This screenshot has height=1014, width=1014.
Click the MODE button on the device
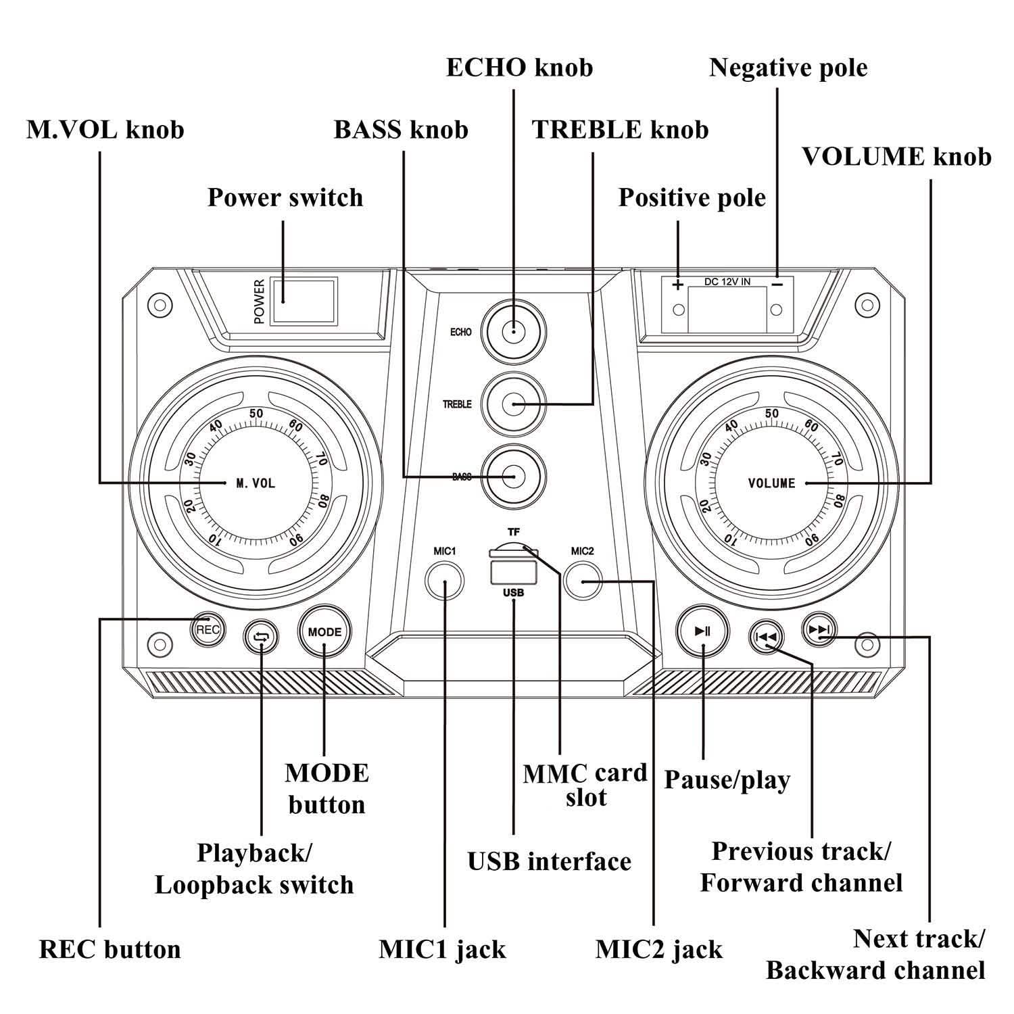(324, 632)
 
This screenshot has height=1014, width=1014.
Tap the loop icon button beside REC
(262, 636)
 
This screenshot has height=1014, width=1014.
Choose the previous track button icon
(767, 636)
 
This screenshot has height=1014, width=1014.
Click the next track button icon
(819, 630)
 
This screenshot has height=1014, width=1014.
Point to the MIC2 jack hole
(583, 581)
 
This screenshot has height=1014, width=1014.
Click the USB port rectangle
(513, 573)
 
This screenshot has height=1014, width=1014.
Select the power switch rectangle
(304, 301)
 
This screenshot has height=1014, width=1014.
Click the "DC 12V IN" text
(727, 281)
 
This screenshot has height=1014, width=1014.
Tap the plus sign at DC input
(678, 285)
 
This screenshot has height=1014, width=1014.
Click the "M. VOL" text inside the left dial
(256, 483)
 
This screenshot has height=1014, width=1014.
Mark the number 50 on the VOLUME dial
(771, 414)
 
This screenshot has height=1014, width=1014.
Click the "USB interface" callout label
(549, 861)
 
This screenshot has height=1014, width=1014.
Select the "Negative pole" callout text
(788, 68)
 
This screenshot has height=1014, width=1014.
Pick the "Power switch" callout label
(285, 197)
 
